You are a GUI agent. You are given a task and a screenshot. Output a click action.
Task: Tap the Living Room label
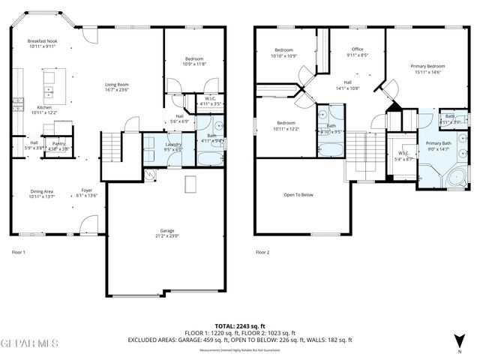coord(117,87)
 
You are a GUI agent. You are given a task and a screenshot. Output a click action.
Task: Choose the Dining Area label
coord(42,193)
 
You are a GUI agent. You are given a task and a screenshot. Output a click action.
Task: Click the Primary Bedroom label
coord(427,69)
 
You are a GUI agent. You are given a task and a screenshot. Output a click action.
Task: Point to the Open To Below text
coord(298,195)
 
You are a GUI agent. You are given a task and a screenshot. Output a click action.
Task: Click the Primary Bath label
coord(439,146)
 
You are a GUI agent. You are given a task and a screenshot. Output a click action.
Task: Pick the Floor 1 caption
coord(19,253)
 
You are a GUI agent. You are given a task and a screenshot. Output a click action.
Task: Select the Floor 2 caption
coord(262,253)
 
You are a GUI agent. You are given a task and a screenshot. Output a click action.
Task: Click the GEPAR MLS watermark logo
coord(29,343)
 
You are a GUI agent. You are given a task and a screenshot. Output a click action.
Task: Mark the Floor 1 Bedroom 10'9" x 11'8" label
coord(194,61)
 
